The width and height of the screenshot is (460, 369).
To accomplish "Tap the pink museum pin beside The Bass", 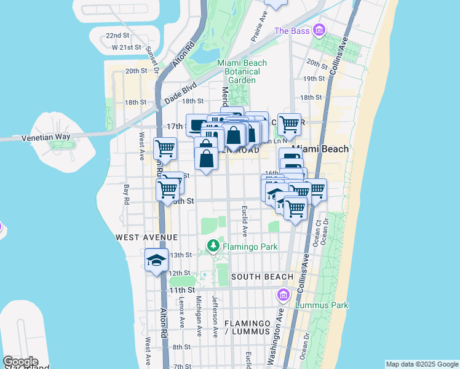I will click(319, 30).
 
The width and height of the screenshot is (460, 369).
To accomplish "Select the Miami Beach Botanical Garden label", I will click(242, 71).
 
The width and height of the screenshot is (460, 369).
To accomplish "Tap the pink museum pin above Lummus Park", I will click(284, 296).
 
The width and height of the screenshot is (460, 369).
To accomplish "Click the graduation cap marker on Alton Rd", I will click(156, 260).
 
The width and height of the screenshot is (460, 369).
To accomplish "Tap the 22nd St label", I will click(117, 36).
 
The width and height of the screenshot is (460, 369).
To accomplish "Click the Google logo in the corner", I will click(20, 362).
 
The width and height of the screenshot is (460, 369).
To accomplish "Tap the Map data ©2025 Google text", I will click(422, 364).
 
